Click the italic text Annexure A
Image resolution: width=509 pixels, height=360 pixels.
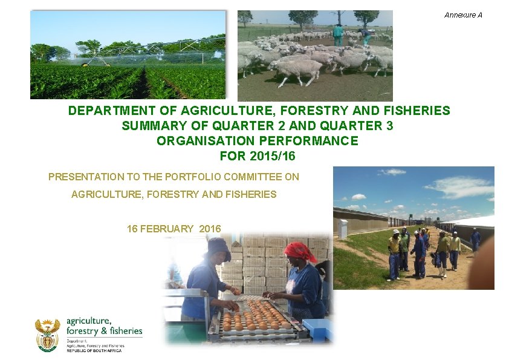[463, 15]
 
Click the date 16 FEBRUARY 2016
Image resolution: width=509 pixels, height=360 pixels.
[174, 229]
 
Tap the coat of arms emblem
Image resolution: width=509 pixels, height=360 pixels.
[47, 335]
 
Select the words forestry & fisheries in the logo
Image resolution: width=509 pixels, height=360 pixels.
[105, 331]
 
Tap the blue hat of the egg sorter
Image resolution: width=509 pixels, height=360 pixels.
[218, 247]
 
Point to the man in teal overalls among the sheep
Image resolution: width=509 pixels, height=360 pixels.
[337, 34]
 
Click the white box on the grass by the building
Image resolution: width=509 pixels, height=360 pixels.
[343, 229]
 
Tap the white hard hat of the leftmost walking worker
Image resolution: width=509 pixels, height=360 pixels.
[396, 232]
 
